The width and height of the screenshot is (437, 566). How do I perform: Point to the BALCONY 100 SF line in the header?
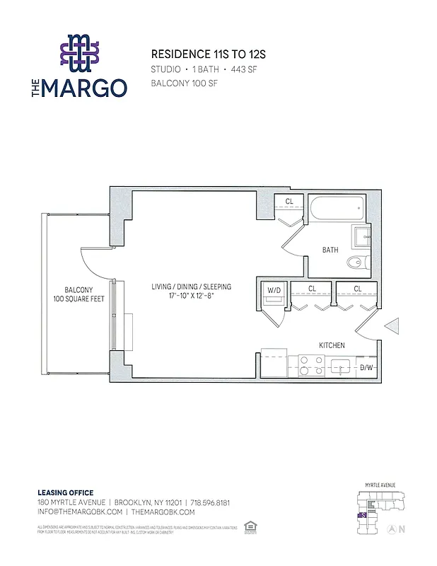184,83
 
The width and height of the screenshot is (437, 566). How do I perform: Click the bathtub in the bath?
337,209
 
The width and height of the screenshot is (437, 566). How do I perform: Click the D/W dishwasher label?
366,367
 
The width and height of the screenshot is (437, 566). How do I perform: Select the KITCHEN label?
332,345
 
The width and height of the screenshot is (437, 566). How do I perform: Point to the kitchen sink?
340,366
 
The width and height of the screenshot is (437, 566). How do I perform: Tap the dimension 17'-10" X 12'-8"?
191,296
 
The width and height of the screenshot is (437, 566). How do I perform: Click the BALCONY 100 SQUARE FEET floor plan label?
78,294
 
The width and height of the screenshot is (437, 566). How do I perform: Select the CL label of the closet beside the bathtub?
289,202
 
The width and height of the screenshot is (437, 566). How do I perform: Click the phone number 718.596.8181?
210,502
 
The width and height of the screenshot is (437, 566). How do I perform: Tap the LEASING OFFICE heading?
65,492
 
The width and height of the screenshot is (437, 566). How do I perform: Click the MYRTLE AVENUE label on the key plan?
380,485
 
